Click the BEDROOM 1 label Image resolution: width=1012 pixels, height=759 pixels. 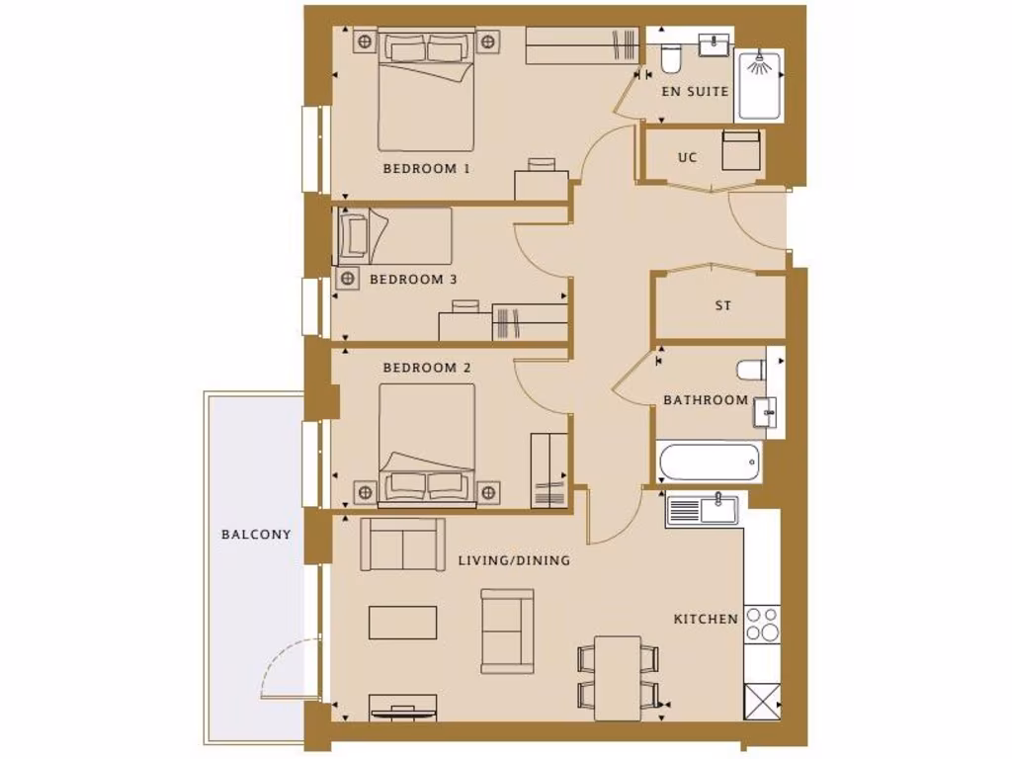[x=426, y=168]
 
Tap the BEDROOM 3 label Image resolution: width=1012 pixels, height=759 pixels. [x=413, y=280]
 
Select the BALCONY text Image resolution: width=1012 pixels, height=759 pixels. [x=256, y=535]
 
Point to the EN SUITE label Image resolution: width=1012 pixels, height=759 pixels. [x=695, y=91]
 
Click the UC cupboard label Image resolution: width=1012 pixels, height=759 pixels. [x=687, y=157]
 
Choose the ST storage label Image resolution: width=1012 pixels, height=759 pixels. [x=723, y=306]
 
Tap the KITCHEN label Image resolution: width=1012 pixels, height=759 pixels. [x=706, y=620]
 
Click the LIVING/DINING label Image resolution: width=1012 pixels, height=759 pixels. [x=514, y=560]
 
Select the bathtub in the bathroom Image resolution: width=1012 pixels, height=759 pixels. [x=709, y=462]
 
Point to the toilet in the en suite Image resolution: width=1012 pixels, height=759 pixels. [x=670, y=61]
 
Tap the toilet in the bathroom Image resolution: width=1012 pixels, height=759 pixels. [x=751, y=371]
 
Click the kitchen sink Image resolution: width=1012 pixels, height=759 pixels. [x=704, y=510]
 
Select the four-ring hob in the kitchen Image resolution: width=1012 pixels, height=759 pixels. [x=761, y=625]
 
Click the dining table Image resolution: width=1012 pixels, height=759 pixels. [x=619, y=677]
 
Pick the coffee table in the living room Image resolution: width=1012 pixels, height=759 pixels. [x=402, y=622]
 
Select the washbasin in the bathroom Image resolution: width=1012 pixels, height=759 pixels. [x=764, y=411]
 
